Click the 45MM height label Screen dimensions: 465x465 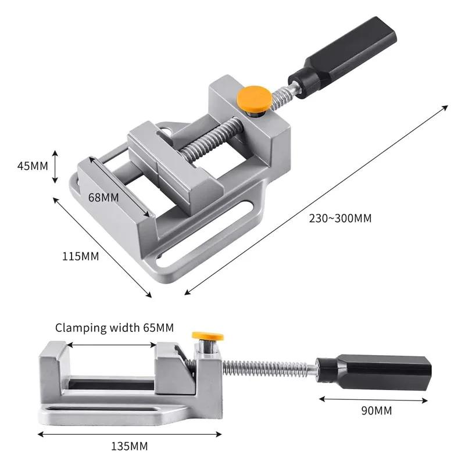coord(32,165)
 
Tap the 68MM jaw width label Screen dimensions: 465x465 coord(103,197)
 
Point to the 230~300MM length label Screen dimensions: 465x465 coord(340,219)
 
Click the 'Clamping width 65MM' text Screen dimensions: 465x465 coord(115,328)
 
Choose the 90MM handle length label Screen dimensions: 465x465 coord(375,411)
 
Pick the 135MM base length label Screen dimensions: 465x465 coord(129,446)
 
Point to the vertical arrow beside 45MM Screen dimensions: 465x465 coord(55,166)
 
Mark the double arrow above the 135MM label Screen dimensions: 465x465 coord(130,434)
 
